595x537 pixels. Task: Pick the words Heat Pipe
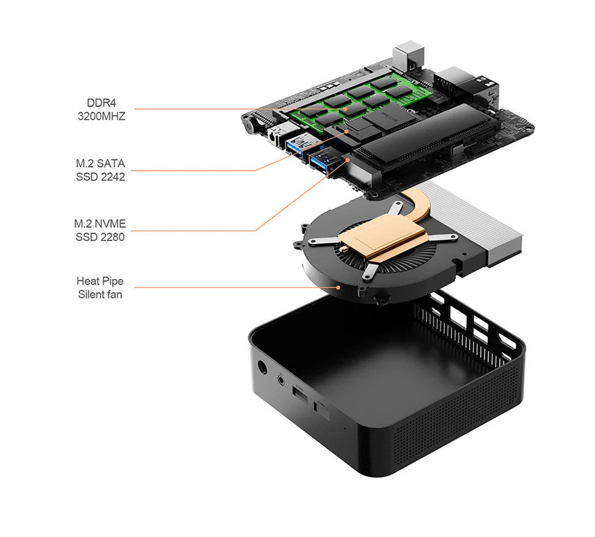click(100, 281)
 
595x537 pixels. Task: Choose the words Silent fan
click(100, 294)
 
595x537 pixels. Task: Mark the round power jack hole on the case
click(263, 368)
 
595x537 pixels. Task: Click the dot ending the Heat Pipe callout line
click(338, 286)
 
